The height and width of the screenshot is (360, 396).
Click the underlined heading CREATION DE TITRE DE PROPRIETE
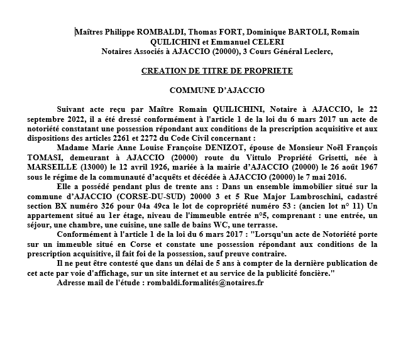tap(217, 71)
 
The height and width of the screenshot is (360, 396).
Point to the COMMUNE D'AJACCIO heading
tap(217, 90)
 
